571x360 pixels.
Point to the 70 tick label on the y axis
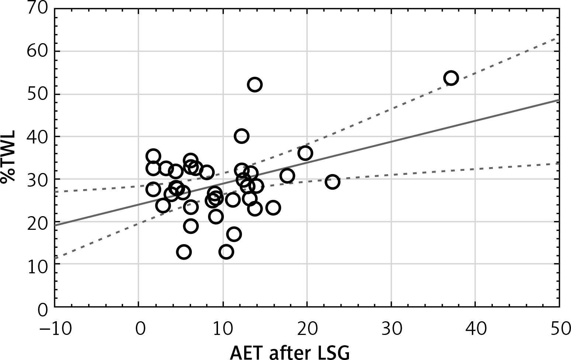click(x=37, y=8)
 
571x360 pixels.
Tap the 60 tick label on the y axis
click(x=37, y=51)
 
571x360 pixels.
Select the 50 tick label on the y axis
click(x=37, y=94)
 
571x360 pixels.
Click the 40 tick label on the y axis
click(x=37, y=136)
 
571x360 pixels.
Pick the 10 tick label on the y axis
click(x=37, y=264)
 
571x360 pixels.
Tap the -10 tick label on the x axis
click(x=55, y=328)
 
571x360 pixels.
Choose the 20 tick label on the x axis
click(x=307, y=328)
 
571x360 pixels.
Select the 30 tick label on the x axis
click(x=391, y=328)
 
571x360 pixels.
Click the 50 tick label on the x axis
click(x=559, y=328)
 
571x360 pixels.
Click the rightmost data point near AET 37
click(x=451, y=78)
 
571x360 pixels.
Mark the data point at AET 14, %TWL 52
click(x=255, y=84)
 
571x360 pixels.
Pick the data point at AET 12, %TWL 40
click(x=241, y=136)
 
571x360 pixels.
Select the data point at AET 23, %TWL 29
click(x=332, y=182)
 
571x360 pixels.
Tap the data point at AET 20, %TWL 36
click(x=305, y=153)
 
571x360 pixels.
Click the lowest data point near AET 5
click(x=184, y=252)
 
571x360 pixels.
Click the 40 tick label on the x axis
click(x=475, y=328)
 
